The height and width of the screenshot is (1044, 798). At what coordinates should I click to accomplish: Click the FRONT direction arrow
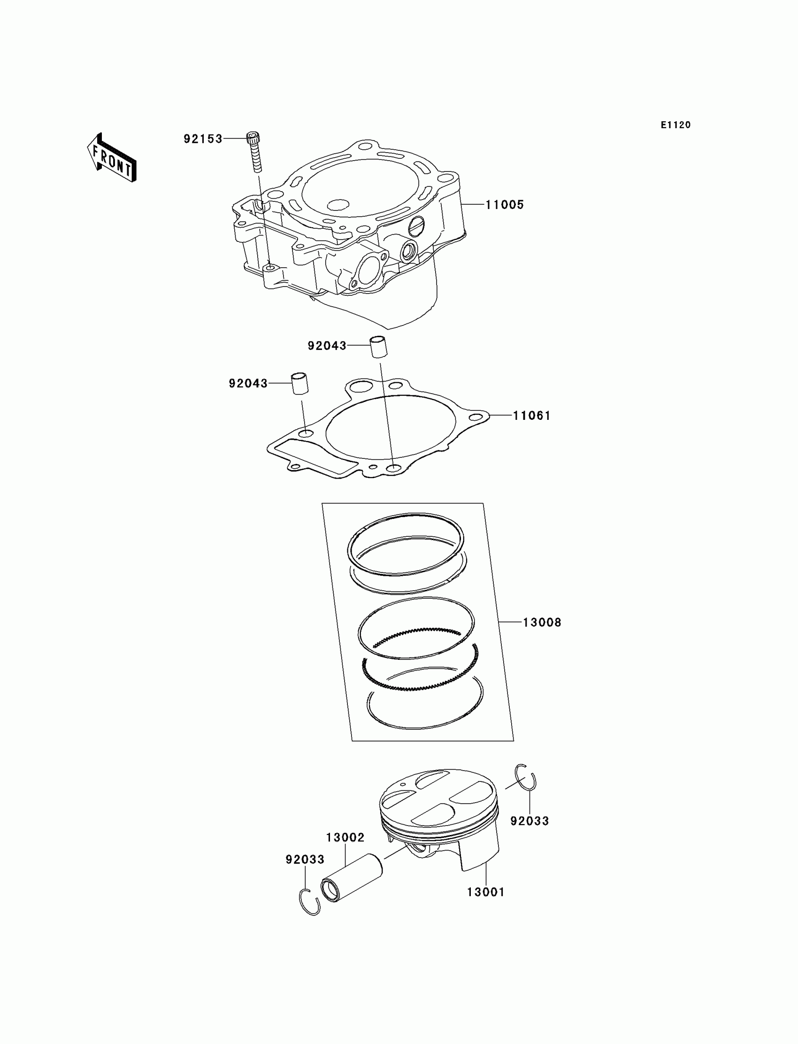click(112, 158)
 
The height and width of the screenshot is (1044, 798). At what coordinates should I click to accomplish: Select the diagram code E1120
click(675, 125)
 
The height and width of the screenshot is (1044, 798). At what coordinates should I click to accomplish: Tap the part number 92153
click(203, 139)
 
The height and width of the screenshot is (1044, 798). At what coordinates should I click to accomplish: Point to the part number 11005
click(504, 205)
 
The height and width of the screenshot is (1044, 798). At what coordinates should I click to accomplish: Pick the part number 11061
click(531, 416)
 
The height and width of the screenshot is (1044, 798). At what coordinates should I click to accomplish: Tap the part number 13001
click(485, 892)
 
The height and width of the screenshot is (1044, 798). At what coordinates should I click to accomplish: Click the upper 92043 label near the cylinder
click(327, 346)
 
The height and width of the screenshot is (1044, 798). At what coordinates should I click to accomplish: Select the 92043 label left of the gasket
click(248, 384)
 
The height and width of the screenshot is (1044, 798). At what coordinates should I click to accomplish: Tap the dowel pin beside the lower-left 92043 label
click(300, 384)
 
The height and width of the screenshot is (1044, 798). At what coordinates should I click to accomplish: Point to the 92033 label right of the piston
click(529, 820)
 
